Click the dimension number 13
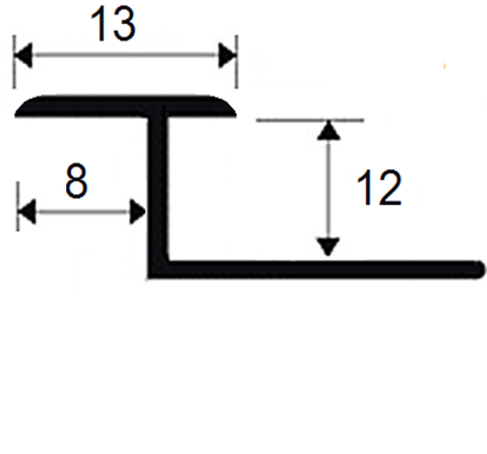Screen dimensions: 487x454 [x=113, y=24]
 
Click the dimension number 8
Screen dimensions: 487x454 [x=76, y=181]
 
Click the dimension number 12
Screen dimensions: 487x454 [x=379, y=188]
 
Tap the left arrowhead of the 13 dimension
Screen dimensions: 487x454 [x=23, y=56]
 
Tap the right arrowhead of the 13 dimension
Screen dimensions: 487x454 [x=227, y=56]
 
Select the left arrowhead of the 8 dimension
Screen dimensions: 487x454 [x=27, y=212]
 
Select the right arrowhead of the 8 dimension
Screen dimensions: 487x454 [x=137, y=212]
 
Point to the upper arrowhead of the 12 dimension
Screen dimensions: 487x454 [x=329, y=130]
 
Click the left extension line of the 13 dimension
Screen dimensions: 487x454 [x=14, y=62]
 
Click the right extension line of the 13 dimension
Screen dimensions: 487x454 [x=237, y=62]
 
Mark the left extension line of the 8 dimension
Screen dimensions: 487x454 [x=18, y=207]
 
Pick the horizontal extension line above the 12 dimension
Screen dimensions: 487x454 [x=310, y=120]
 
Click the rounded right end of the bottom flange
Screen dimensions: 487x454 [x=479, y=269]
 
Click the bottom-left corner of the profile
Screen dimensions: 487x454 [x=148, y=278]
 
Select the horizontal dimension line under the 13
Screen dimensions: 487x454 [x=125, y=56]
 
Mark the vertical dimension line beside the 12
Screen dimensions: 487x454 [x=328, y=189]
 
